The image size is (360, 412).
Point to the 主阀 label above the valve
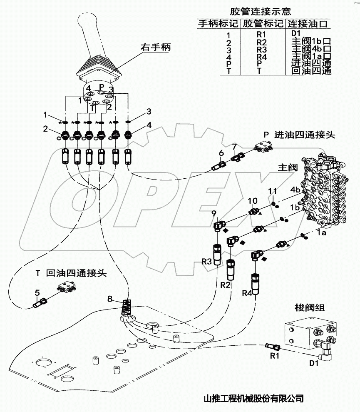point(287,167)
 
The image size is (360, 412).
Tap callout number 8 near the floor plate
point(110,298)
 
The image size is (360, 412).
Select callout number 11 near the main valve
point(272,191)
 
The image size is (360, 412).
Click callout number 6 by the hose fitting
point(221,153)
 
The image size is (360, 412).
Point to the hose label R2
point(226,285)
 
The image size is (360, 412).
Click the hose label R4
point(247,294)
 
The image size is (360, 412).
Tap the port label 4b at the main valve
point(295,190)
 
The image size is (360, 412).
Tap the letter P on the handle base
point(101,86)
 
